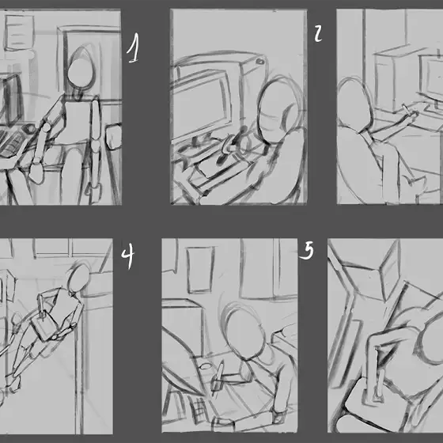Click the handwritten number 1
point(134,48)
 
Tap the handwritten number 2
point(318,33)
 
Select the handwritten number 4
point(128,256)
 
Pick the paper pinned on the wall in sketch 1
point(19,32)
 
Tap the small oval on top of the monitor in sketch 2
point(260,62)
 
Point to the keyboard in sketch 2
point(218,167)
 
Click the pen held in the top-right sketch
point(406,110)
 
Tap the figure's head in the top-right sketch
point(354,105)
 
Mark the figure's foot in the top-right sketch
point(415,183)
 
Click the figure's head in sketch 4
point(78,279)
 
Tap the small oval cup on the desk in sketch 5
point(205,366)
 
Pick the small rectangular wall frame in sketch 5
point(200,270)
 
